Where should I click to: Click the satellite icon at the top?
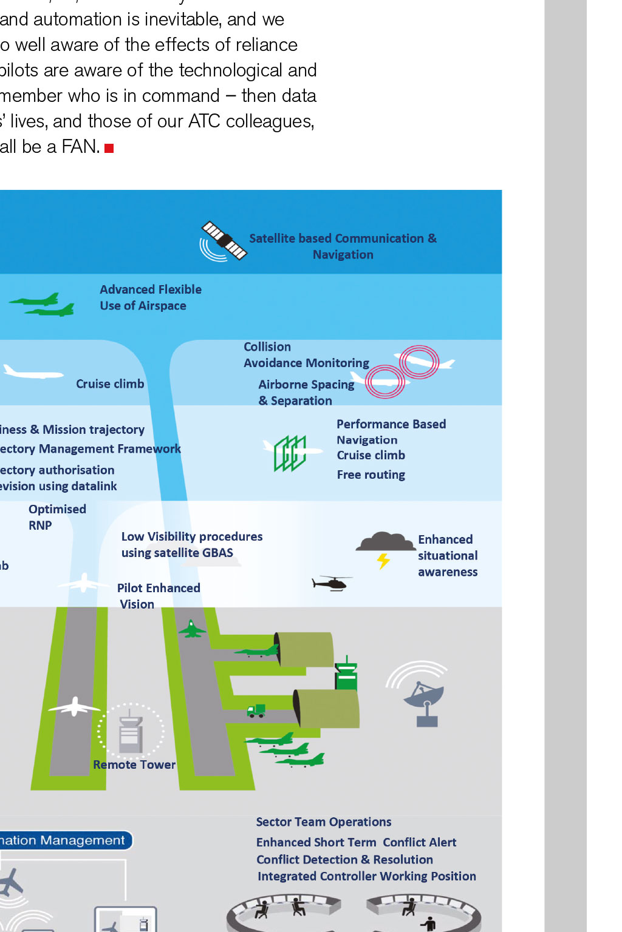[x=223, y=241]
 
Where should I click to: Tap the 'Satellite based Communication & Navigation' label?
[x=343, y=246]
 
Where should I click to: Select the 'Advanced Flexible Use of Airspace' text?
[x=150, y=297]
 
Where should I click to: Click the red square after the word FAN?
[x=109, y=148]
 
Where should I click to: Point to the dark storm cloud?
[x=385, y=541]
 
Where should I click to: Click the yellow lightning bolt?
[x=383, y=561]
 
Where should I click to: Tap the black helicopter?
[x=331, y=583]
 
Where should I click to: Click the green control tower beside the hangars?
[x=346, y=674]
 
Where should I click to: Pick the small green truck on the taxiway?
[x=256, y=711]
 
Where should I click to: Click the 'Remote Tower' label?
[x=134, y=765]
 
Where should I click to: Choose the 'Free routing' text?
[x=371, y=474]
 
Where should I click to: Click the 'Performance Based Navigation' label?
[x=391, y=431]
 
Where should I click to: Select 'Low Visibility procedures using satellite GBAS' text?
[x=191, y=544]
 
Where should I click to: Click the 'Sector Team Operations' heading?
[x=323, y=822]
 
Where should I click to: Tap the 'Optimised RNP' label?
[x=56, y=517]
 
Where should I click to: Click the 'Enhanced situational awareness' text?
[x=448, y=555]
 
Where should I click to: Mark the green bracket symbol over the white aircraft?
[x=290, y=453]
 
